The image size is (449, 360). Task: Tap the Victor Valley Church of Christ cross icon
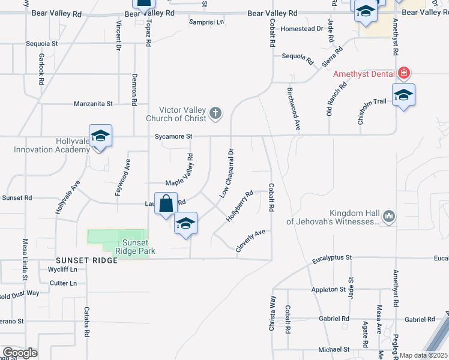point(215,113)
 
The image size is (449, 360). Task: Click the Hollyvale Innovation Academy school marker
point(100,136)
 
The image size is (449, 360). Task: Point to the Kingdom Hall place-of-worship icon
point(388,215)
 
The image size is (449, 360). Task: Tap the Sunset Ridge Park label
point(130,247)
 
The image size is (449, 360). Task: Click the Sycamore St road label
point(172,136)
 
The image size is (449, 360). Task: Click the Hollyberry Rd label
point(240,206)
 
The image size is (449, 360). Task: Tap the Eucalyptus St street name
point(331,257)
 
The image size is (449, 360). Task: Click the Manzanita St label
point(93,104)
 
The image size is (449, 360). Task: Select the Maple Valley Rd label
point(179,169)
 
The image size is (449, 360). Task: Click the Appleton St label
point(328,289)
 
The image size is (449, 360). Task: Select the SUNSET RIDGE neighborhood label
point(80,260)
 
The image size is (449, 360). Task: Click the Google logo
point(20,353)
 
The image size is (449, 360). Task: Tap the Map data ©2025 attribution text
point(424,355)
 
